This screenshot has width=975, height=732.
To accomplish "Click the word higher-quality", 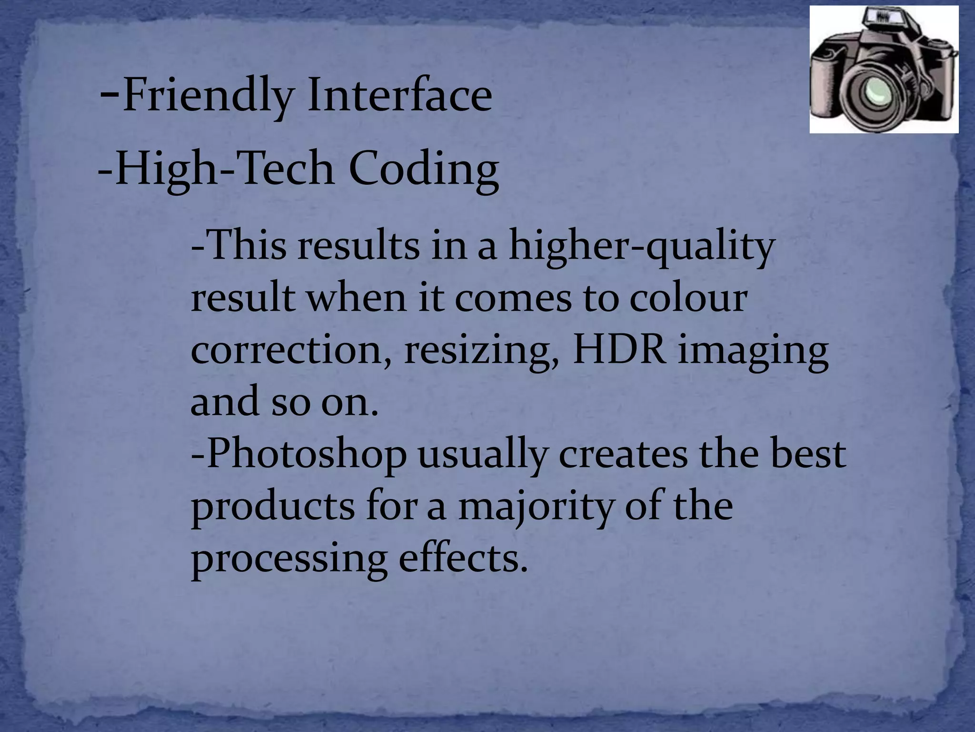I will pyautogui.click(x=641, y=248).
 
